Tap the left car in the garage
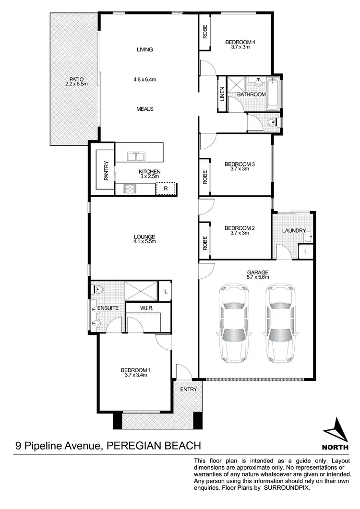(x=233, y=324)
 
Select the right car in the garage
(x=280, y=324)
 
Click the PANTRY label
(x=106, y=170)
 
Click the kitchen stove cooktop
(x=130, y=189)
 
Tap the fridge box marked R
(x=166, y=189)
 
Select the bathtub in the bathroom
(x=273, y=93)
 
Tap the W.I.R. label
(x=147, y=308)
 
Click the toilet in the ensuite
(x=97, y=289)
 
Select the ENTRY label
(x=189, y=389)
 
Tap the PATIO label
(x=74, y=82)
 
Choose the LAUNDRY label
(x=294, y=231)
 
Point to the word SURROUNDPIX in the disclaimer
(x=287, y=487)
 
